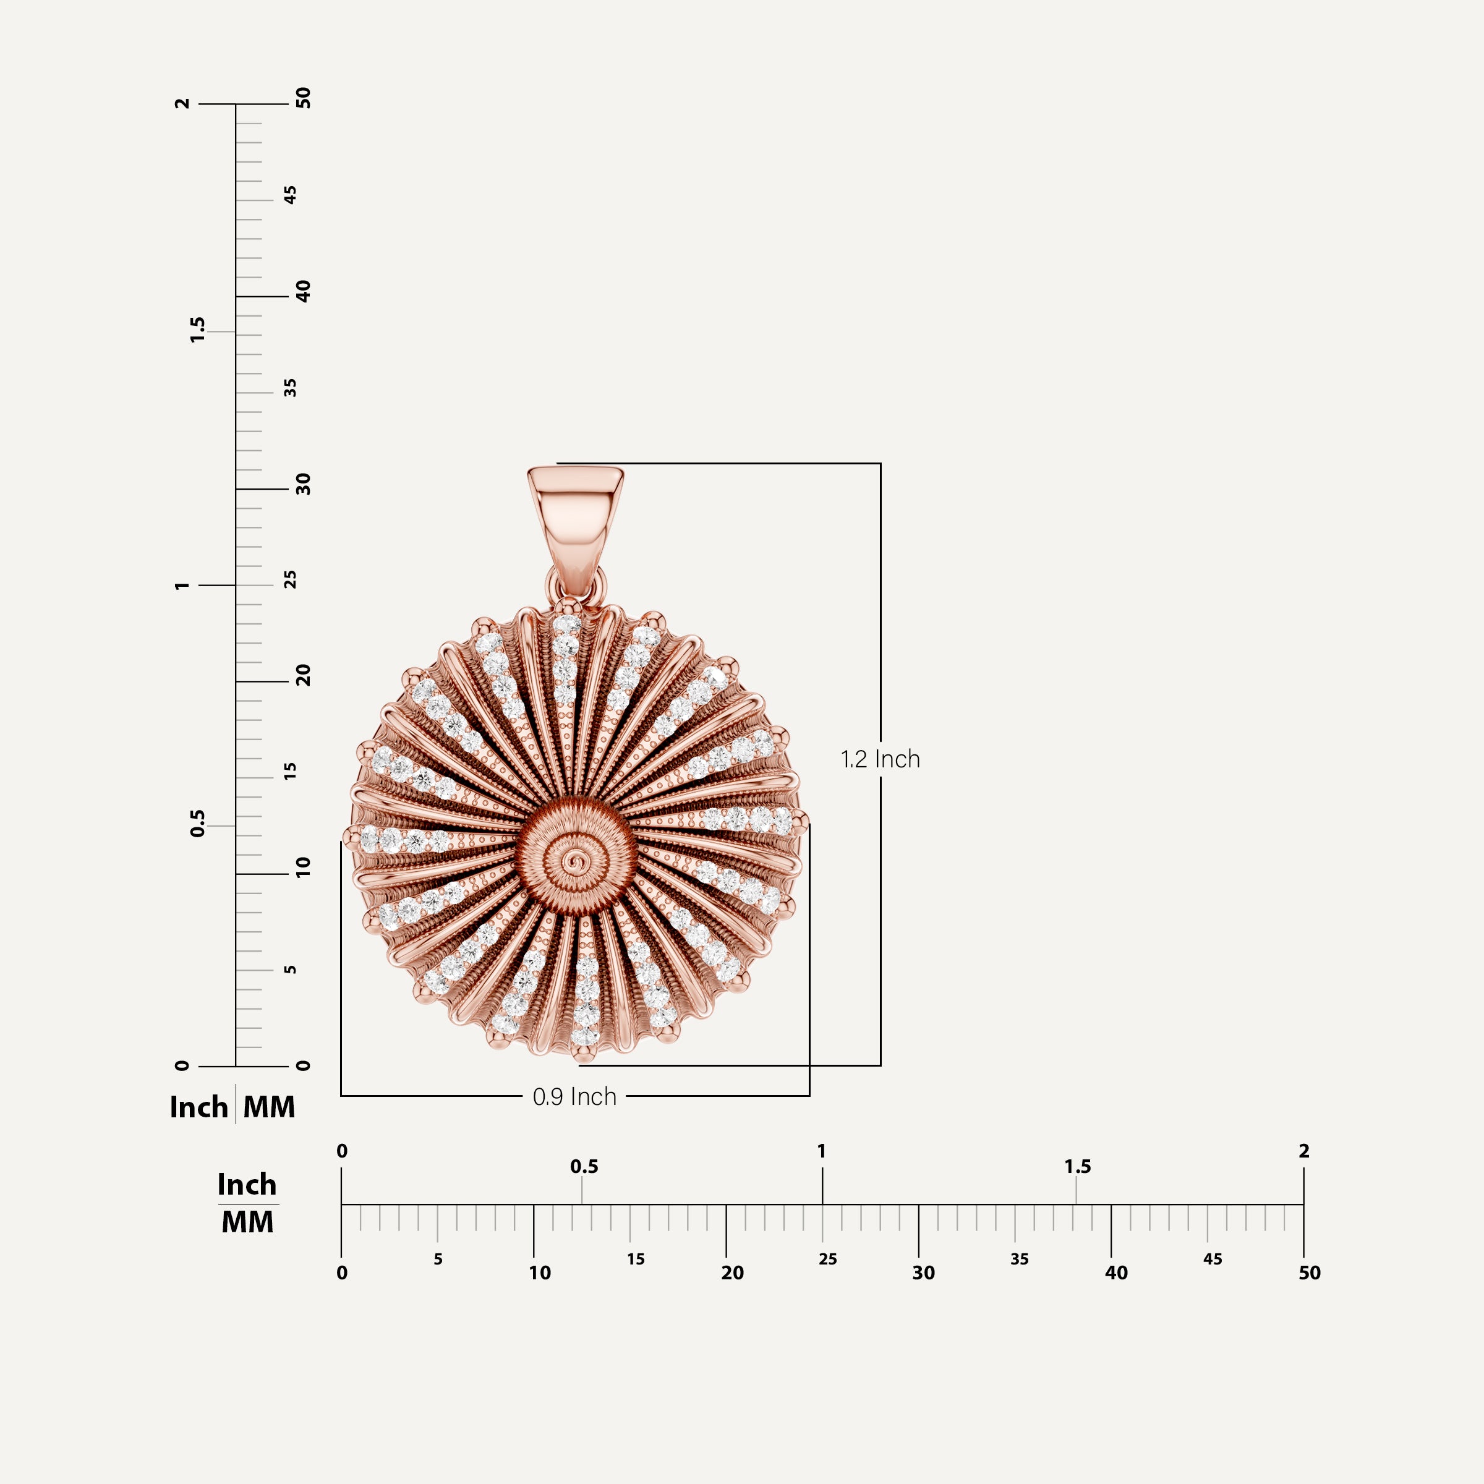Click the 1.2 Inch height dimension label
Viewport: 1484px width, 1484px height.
pos(881,759)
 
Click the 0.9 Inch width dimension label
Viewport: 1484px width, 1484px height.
pos(574,1096)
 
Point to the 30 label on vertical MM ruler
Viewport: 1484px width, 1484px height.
pos(304,484)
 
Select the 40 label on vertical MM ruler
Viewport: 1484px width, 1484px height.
pos(304,291)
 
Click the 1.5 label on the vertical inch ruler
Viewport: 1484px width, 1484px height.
pos(197,330)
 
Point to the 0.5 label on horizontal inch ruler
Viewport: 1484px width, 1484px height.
pos(584,1167)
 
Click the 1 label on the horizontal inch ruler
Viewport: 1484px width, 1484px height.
pos(821,1151)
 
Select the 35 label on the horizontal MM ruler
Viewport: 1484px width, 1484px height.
pos(1019,1259)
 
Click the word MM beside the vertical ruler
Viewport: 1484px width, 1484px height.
pos(269,1107)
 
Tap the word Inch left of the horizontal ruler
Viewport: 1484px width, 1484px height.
pos(247,1185)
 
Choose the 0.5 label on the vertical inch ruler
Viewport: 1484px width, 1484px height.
pos(197,824)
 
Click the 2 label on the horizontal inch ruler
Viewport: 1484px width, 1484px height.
pos(1303,1151)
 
